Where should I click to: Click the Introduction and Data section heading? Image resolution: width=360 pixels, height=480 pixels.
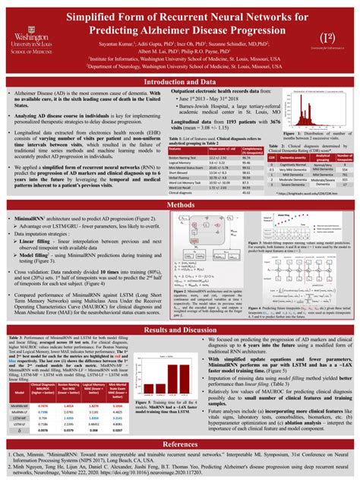(180, 81)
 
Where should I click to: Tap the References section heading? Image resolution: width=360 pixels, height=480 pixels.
(180, 444)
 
